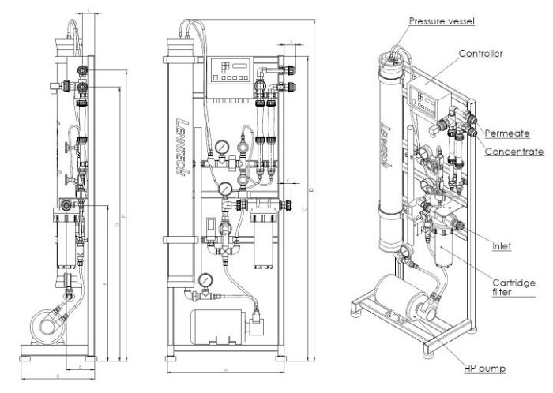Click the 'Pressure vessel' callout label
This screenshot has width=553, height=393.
click(x=442, y=21)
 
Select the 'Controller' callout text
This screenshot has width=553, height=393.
click(x=481, y=54)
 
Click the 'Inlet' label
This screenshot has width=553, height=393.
click(x=502, y=246)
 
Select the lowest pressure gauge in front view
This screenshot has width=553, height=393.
click(x=205, y=279)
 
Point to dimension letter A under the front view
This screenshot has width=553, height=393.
click(x=226, y=370)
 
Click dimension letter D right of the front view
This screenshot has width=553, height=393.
click(x=312, y=189)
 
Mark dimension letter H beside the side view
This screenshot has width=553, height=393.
click(x=126, y=216)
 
